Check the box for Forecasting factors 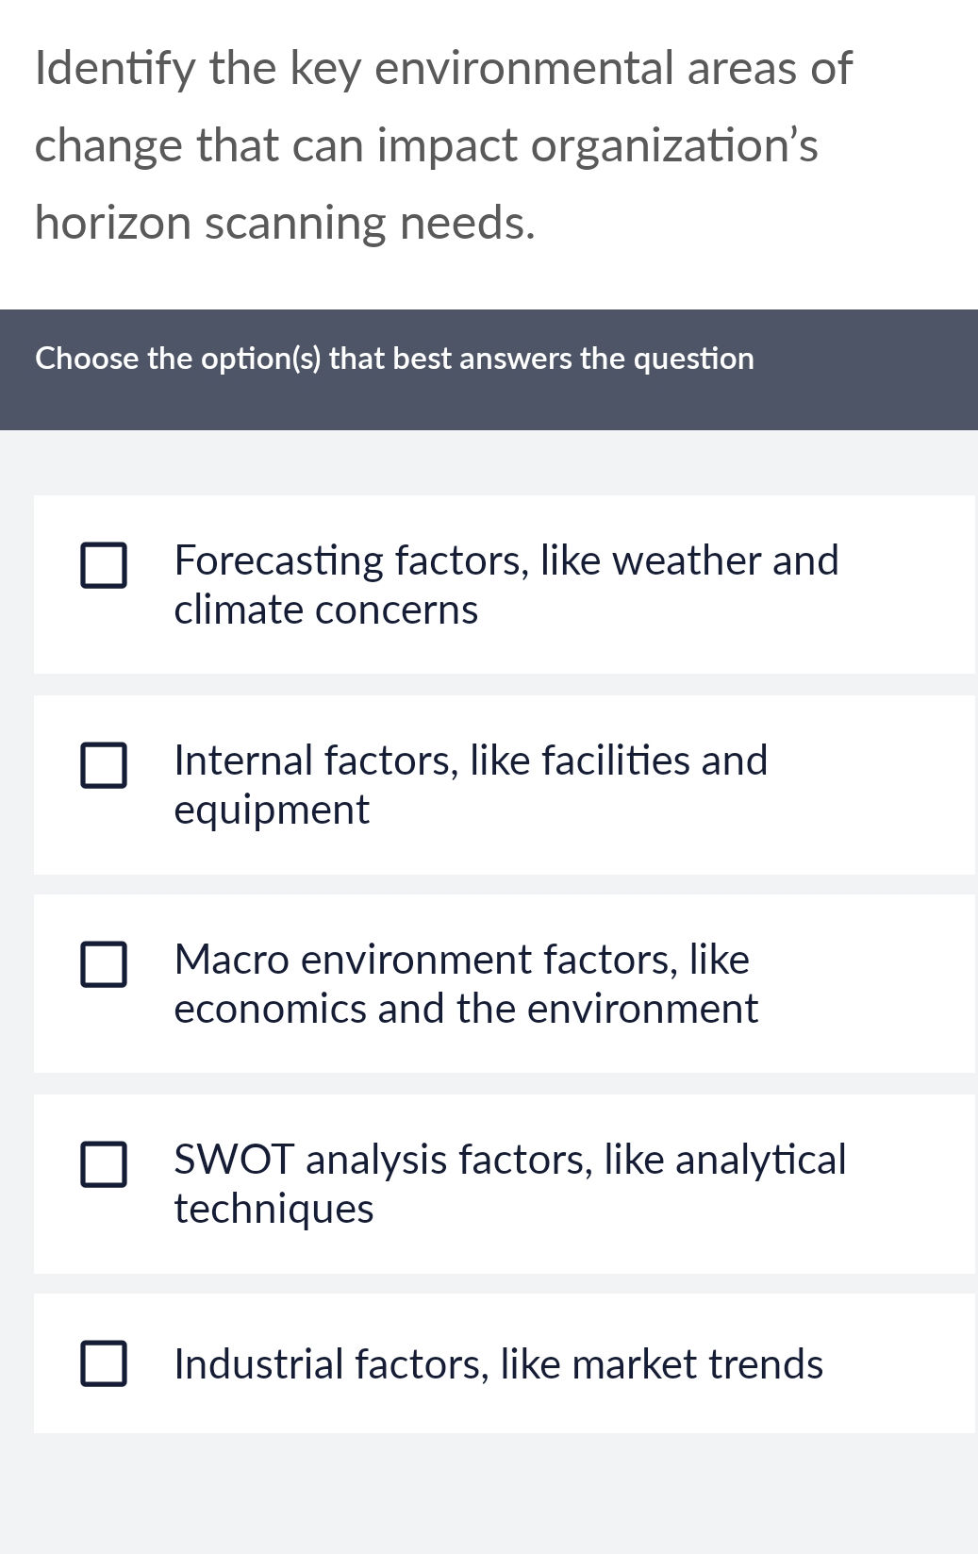point(104,565)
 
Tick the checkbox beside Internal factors point(104,765)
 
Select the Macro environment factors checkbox point(104,964)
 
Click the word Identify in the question point(115,69)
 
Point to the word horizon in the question point(112,223)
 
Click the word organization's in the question point(674,146)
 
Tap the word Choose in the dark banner point(87,359)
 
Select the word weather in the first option point(687,560)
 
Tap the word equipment point(272,810)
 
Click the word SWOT point(234,1160)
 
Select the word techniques point(274,1209)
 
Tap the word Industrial point(258,1364)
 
